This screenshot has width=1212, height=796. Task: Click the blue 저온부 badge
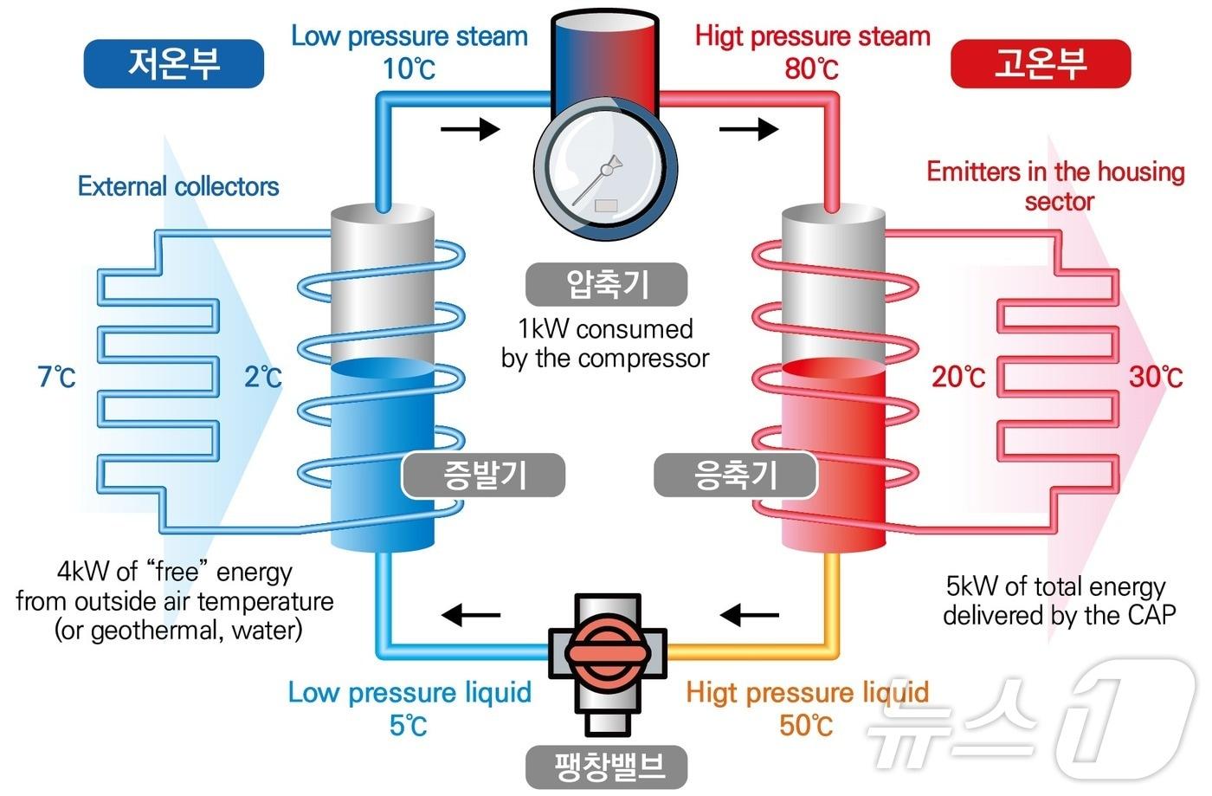173,63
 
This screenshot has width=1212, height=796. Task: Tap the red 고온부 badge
1041,63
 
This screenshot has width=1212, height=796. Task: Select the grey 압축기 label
606,284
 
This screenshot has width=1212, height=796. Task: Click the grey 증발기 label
484,476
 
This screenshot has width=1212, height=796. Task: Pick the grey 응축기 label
735,476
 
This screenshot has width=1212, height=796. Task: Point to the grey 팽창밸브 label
607,767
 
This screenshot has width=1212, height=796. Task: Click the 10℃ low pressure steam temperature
409,68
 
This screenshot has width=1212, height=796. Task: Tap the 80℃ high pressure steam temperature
811,68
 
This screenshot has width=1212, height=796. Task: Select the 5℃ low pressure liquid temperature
409,724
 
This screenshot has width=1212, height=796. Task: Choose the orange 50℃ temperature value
806,724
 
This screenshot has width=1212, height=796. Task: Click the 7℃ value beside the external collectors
56,377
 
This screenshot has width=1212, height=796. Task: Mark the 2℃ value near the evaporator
263,377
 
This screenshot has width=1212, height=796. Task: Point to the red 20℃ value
958,377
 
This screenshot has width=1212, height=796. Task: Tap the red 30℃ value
1156,377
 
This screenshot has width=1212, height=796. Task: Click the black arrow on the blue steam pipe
470,130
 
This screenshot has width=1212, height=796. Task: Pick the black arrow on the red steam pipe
749,130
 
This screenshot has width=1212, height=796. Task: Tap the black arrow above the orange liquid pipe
749,615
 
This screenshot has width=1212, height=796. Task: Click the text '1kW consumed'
605,329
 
